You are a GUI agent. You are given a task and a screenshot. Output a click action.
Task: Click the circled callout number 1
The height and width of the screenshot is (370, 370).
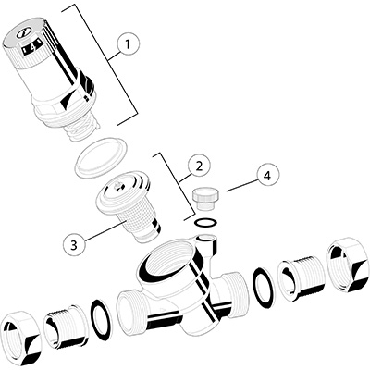click(128, 45)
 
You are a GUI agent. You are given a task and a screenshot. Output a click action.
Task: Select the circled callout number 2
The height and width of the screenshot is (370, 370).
click(199, 166)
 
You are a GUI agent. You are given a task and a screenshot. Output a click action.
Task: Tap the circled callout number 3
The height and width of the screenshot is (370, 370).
click(74, 245)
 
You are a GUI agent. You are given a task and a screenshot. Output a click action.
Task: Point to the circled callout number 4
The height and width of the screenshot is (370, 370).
click(267, 176)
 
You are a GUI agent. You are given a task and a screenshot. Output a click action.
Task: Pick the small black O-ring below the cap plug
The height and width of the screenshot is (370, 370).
click(206, 222)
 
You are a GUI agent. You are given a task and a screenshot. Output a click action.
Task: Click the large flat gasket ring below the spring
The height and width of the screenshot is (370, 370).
click(101, 158)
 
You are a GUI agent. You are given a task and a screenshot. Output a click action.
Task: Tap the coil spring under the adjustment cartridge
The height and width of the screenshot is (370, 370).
click(81, 129)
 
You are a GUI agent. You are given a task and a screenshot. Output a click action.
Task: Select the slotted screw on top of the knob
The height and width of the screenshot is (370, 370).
click(22, 33)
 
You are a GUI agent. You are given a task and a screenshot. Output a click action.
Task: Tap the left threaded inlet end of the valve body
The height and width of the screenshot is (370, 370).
click(129, 313)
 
